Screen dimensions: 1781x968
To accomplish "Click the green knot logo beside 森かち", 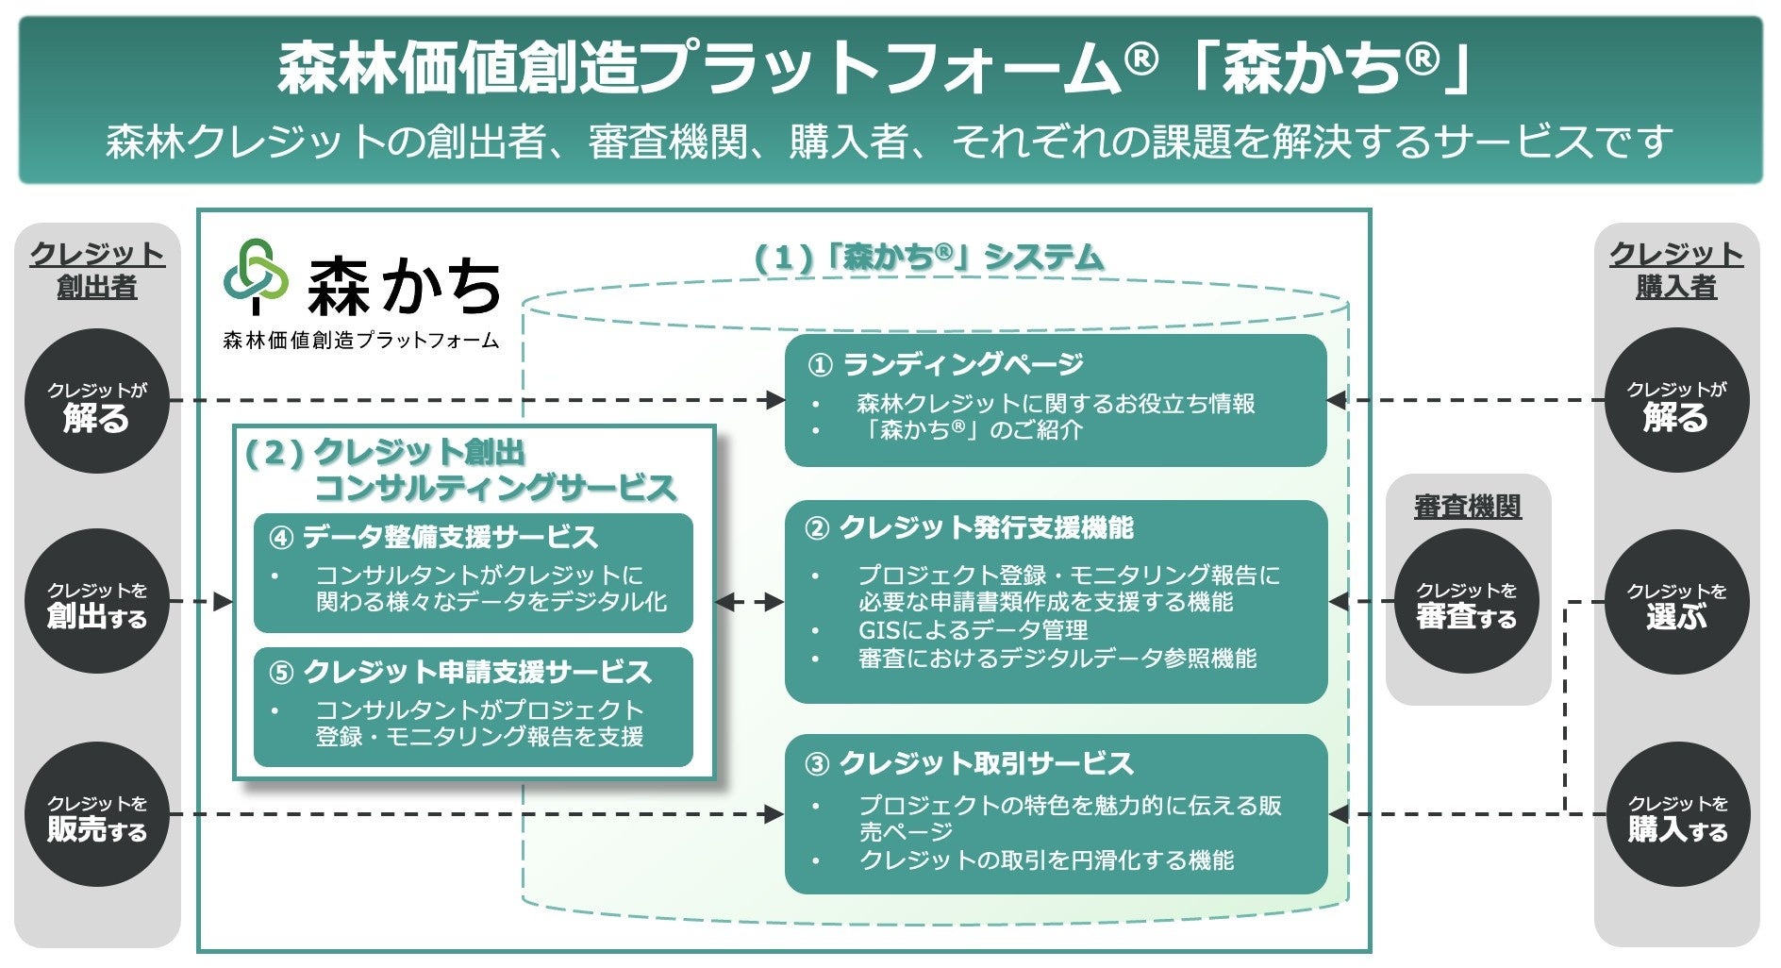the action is (x=256, y=276).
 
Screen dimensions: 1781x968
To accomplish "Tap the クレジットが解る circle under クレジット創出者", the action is (x=97, y=401).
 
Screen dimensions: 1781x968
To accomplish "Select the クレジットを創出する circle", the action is (x=97, y=601).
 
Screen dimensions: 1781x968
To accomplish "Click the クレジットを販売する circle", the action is (x=97, y=814).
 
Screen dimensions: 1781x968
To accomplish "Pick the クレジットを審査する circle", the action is (x=1467, y=601).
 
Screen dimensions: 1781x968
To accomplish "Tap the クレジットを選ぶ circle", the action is (x=1677, y=601).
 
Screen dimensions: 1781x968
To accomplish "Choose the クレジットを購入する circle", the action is (x=1677, y=814).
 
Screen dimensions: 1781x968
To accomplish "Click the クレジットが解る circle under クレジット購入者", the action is (x=1677, y=401).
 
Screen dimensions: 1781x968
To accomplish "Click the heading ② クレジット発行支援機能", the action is (x=969, y=527).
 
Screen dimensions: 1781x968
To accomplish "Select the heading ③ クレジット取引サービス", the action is (x=969, y=762).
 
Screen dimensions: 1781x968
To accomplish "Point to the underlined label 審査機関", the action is (x=1468, y=507).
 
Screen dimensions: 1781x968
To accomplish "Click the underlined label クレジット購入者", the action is (x=1676, y=270).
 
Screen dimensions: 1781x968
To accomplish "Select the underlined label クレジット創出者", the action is (x=97, y=270).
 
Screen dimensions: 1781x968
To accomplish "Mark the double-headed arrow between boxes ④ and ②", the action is (x=750, y=602).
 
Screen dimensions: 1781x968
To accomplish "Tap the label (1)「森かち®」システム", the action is (x=928, y=258).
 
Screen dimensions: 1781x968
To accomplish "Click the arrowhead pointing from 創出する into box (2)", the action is (x=224, y=601).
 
